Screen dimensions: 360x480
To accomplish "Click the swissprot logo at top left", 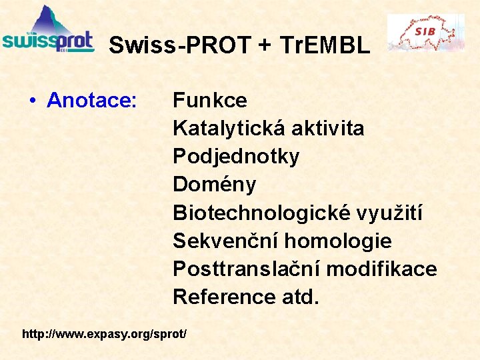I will click(x=48, y=31).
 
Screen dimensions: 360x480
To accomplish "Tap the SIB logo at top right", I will click(x=426, y=32).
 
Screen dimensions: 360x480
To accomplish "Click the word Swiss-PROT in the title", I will click(x=181, y=45).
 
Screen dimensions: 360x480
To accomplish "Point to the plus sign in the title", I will click(x=265, y=46).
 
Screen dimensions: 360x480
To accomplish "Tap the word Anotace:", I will click(x=92, y=101).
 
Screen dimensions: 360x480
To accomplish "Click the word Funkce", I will click(x=210, y=101).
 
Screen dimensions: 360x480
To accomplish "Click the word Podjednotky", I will click(x=236, y=157).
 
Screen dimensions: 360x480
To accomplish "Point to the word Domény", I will click(x=214, y=185).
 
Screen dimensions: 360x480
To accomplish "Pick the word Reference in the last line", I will click(x=218, y=297).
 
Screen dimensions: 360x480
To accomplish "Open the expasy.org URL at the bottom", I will click(x=105, y=332).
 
